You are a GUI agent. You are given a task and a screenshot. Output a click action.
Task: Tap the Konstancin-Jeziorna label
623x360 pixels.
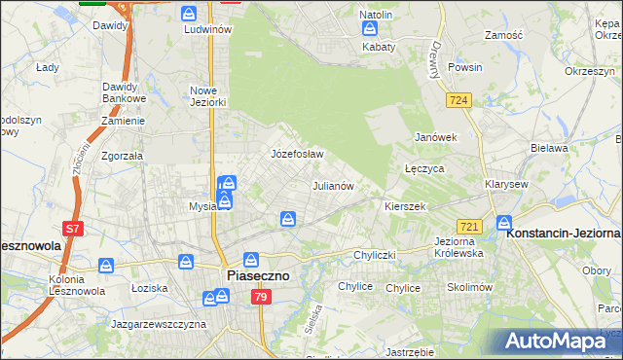tap(564, 234)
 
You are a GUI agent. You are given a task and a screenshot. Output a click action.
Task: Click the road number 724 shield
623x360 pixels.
tap(458, 100)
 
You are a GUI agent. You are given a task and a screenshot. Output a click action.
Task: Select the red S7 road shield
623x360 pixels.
tap(73, 230)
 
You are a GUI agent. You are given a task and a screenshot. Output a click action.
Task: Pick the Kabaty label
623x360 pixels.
tap(379, 46)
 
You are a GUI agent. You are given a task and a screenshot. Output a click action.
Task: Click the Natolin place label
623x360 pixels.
tap(376, 16)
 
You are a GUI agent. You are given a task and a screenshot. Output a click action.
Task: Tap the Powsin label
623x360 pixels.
tap(465, 68)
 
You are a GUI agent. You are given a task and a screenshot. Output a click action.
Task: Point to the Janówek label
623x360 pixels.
tap(435, 137)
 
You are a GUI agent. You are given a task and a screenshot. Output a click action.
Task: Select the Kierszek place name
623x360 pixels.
tap(406, 207)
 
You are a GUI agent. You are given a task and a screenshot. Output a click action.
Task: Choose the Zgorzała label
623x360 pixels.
tap(122, 155)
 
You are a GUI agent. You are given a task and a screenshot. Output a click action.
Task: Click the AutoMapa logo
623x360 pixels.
tap(560, 341)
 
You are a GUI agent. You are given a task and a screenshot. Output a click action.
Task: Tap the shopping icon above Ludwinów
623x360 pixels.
tap(189, 14)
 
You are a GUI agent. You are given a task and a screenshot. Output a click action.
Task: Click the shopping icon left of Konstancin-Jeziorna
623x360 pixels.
tap(504, 222)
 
